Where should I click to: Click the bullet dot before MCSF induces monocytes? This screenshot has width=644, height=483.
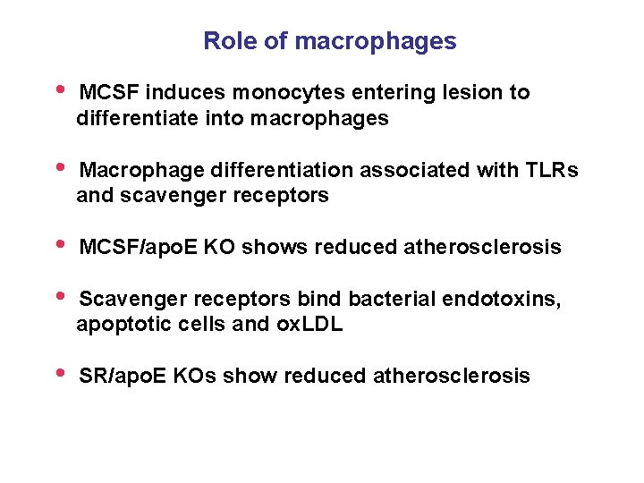point(60,89)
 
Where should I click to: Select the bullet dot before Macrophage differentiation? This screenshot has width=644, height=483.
point(60,166)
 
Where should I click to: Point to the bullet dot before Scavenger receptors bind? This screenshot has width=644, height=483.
point(60,295)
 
